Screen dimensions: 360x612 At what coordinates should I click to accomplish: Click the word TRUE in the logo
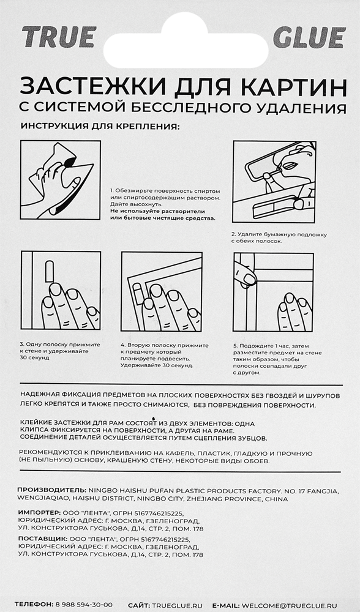59,37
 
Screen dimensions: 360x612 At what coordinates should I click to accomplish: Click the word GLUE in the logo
310,37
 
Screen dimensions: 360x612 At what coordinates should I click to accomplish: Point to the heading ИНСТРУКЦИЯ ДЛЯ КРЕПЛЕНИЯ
100,127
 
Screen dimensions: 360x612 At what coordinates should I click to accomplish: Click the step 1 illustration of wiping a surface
61,180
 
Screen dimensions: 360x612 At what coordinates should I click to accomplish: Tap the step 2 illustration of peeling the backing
274,182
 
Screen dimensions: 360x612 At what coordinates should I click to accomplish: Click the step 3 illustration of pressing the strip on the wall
61,290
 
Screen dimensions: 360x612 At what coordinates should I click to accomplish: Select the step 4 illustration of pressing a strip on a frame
162,291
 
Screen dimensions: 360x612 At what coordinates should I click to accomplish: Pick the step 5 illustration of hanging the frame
273,293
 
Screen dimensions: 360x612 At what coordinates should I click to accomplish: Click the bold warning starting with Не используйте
162,215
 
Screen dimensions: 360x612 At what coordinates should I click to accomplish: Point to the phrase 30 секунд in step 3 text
34,358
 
